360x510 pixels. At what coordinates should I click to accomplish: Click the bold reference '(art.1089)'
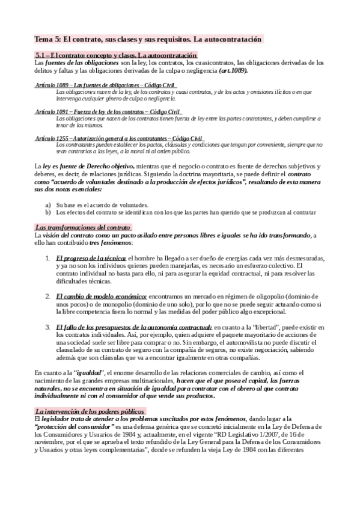coord(233,70)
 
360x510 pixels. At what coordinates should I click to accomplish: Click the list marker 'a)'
coord(48,204)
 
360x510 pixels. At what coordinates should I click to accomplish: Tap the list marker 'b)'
coord(48,212)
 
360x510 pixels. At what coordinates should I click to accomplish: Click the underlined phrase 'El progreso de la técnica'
coord(91,258)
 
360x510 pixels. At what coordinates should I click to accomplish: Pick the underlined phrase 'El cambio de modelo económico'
coord(102,296)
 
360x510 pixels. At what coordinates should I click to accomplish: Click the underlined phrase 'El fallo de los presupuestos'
coord(117,327)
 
